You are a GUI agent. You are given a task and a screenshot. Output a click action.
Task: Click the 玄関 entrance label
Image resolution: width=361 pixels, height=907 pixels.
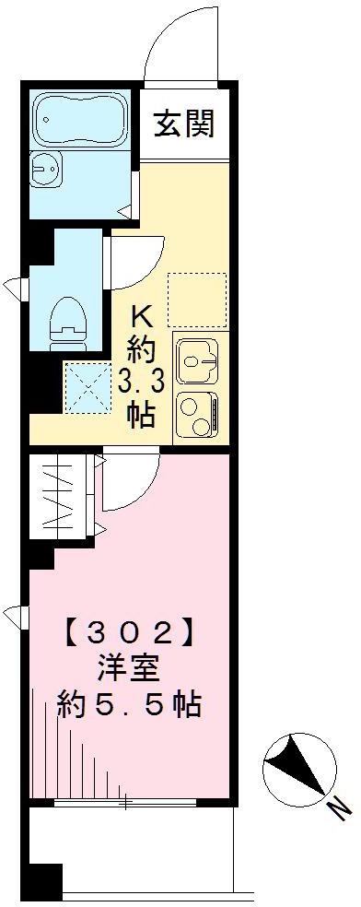coord(183,123)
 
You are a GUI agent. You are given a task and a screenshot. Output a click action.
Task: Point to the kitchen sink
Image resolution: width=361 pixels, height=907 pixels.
coord(196,361)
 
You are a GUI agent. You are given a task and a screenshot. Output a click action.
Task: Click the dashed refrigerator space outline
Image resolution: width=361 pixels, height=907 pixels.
coord(196,300)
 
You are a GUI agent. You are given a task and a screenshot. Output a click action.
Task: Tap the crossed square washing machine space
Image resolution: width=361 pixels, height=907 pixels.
coord(87,387)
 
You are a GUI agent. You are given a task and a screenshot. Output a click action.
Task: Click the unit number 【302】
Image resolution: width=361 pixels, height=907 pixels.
coord(131,635)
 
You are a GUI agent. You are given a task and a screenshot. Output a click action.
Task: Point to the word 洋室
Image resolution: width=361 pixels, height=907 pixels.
coord(130,670)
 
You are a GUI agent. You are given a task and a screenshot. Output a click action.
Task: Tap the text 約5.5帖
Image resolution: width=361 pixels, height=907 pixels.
coord(130,706)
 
